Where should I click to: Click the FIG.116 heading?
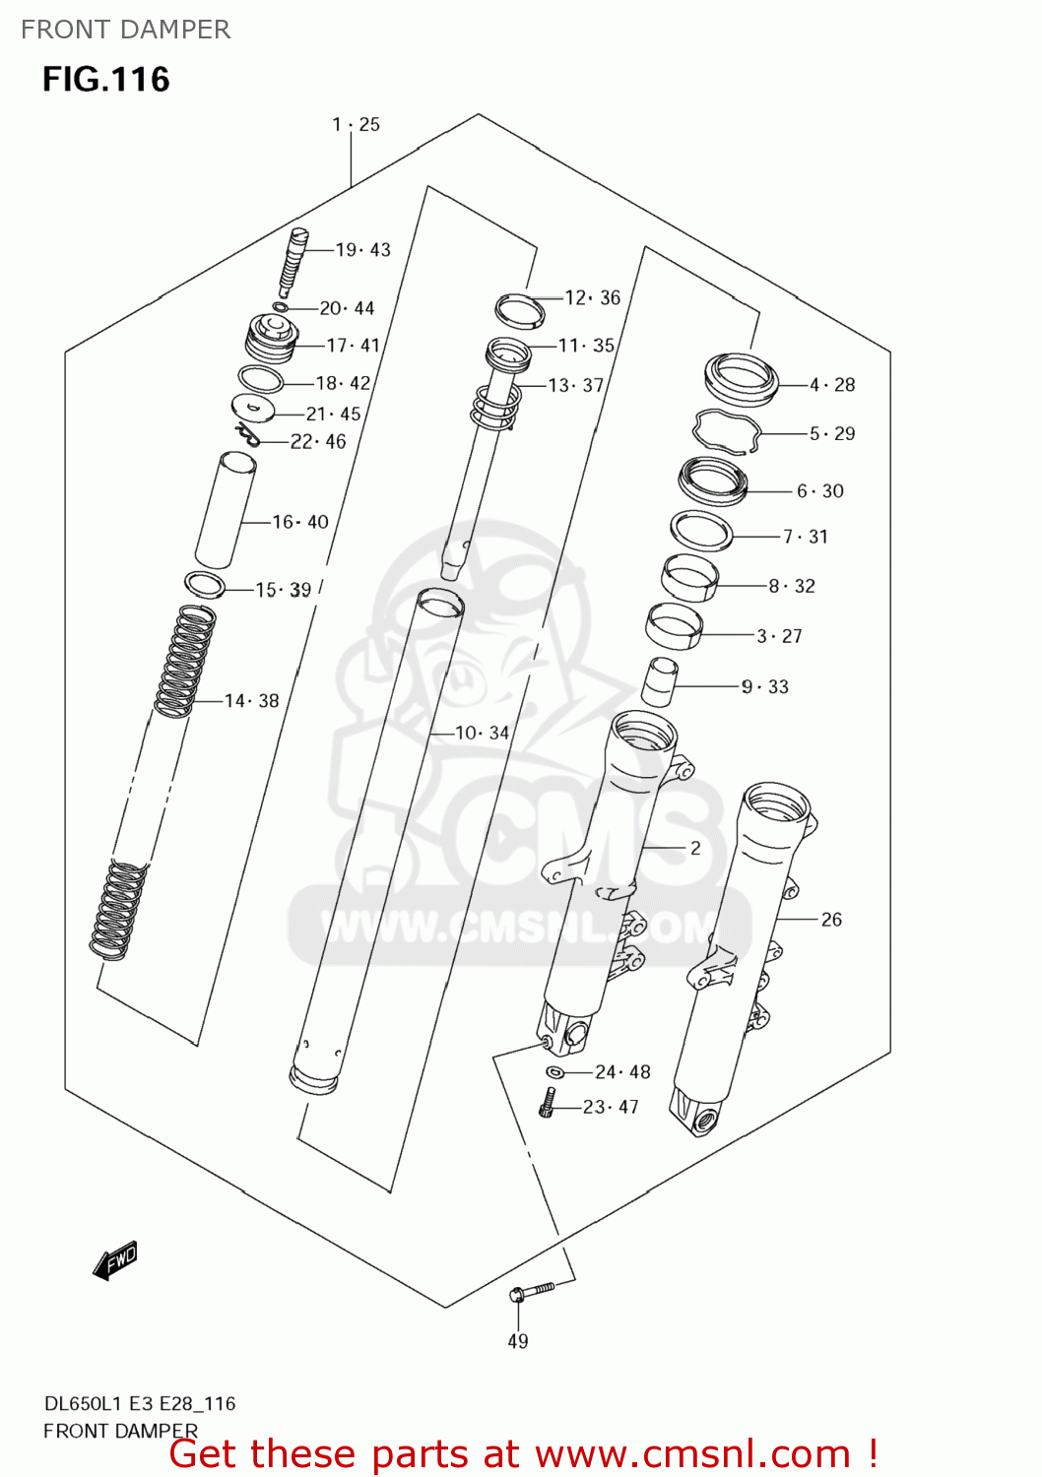point(106,80)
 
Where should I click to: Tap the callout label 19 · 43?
point(362,250)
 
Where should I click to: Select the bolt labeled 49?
point(529,1291)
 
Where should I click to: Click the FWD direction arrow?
point(115,1260)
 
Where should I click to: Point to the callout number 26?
point(831,920)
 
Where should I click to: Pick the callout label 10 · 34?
point(483,733)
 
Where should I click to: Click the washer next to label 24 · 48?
point(554,1071)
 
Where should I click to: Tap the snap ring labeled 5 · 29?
point(728,430)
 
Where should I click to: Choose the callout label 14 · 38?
point(252,701)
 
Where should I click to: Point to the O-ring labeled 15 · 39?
point(205,585)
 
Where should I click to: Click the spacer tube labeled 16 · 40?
point(226,510)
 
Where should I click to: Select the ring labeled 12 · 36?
point(520,309)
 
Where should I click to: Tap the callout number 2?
point(695,848)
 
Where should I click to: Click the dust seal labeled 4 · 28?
point(742,379)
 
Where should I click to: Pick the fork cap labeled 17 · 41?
point(271,337)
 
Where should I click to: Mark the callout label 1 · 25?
point(356,125)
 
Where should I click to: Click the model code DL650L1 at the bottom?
point(83,1404)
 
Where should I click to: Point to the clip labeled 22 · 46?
point(246,433)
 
